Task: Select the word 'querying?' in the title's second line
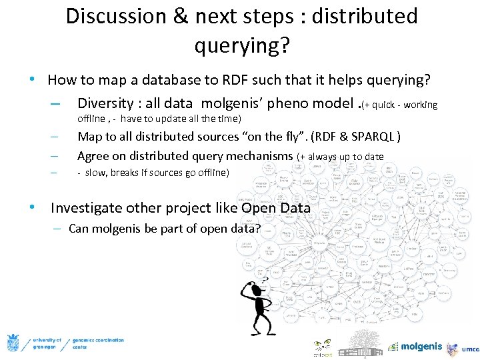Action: [x=242, y=45]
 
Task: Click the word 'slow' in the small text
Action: [x=94, y=173]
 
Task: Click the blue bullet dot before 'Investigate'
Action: [x=32, y=207]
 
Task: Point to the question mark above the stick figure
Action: [x=265, y=281]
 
